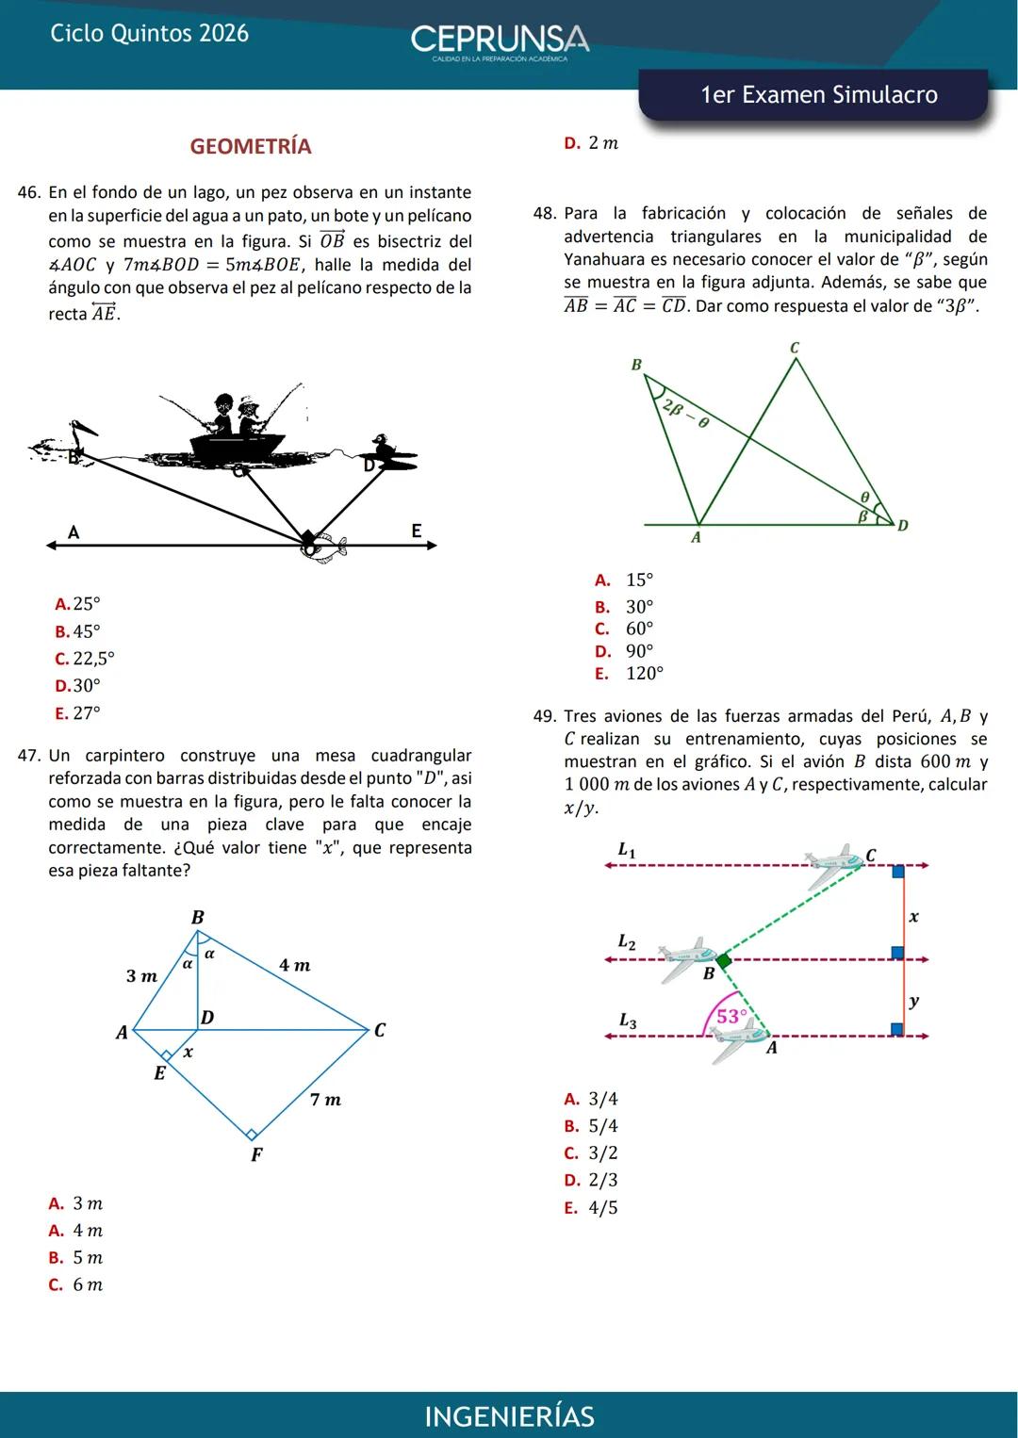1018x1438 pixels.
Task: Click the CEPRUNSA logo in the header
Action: [500, 41]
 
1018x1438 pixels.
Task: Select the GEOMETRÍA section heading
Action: [250, 146]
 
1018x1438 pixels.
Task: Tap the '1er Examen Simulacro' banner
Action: [818, 95]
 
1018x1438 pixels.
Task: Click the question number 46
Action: [29, 192]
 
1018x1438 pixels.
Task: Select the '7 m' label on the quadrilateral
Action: [325, 1100]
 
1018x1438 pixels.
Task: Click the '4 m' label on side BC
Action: [294, 966]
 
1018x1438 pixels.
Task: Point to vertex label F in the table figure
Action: [256, 1154]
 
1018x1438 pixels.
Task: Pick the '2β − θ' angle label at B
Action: [685, 414]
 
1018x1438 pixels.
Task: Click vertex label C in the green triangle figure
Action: [794, 349]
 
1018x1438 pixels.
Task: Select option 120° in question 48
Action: [645, 674]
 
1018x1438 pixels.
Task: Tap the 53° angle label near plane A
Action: [731, 1016]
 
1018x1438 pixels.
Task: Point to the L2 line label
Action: [627, 941]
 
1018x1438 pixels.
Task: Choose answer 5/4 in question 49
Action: [603, 1126]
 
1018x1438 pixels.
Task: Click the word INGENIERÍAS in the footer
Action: [509, 1416]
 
